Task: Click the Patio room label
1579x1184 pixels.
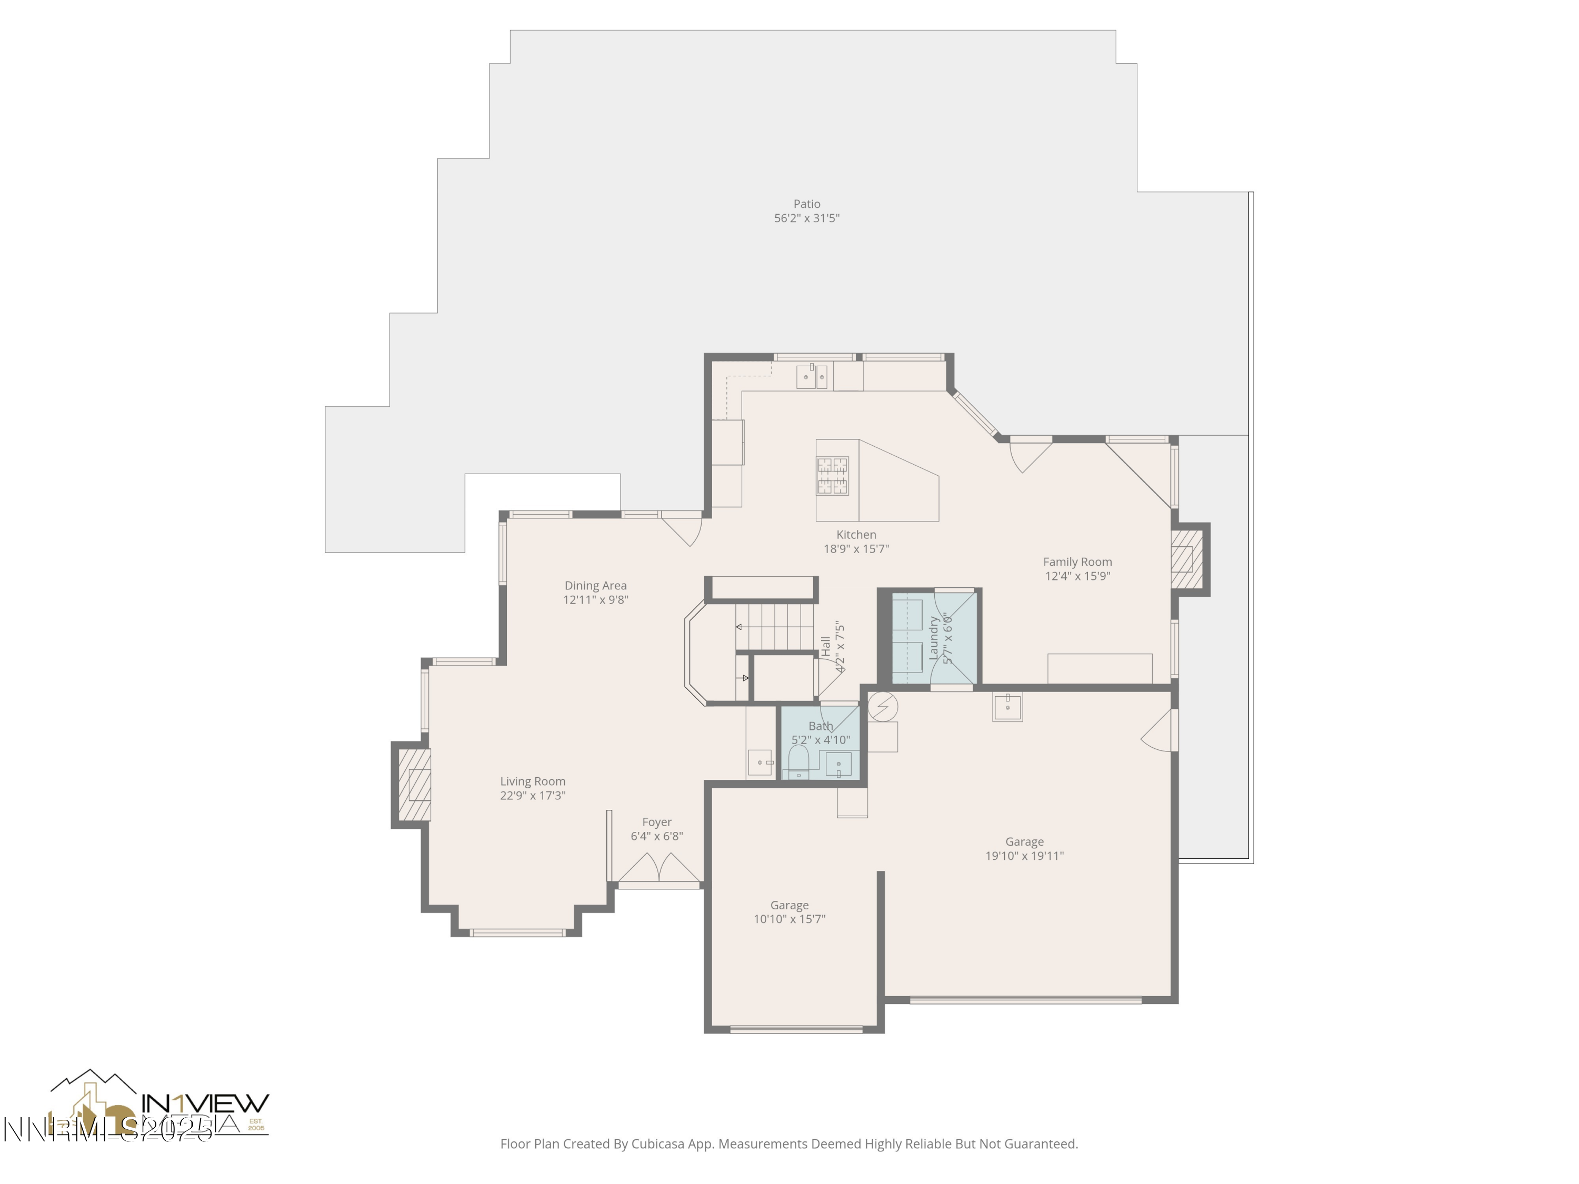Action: coord(807,204)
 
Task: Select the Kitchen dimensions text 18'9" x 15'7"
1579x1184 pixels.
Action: coord(856,549)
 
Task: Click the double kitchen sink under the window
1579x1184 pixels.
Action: coord(812,376)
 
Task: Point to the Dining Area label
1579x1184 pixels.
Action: coord(595,585)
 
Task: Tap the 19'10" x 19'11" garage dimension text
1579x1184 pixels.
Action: coord(1024,856)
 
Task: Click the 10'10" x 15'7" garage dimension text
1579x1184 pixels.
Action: coord(789,919)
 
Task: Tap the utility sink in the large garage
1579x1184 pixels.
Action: coord(1007,707)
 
